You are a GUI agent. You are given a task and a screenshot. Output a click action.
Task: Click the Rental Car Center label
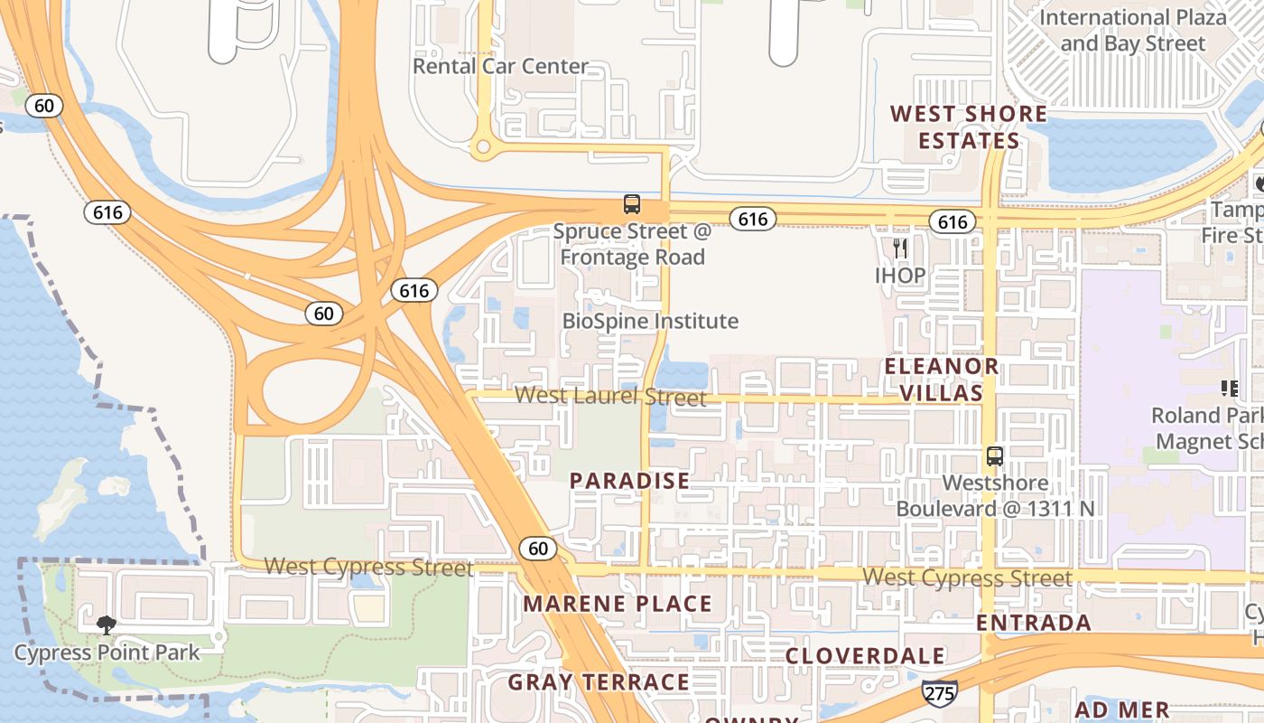coord(500,66)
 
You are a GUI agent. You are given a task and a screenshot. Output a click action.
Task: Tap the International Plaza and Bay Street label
coord(1133,30)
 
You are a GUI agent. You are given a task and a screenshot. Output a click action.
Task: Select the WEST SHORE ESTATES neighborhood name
coord(969,127)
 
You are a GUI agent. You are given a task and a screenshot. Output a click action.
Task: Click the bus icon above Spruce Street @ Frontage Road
coord(632,204)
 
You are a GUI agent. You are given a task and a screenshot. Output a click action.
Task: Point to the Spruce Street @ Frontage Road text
coord(632,244)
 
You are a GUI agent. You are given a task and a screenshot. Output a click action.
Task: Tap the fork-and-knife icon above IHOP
coord(899,248)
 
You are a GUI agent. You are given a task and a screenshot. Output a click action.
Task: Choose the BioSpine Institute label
coord(650,321)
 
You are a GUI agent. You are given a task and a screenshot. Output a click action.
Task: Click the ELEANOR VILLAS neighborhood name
coord(941,380)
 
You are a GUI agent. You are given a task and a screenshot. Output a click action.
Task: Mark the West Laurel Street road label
coord(610,396)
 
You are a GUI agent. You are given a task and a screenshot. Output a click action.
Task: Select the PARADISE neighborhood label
coord(629,481)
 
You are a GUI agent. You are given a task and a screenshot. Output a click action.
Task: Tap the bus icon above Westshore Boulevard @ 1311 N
coord(995,456)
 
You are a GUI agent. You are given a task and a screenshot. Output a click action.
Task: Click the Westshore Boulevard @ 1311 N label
coord(995,495)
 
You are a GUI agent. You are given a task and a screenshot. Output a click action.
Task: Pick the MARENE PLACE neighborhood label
coord(618,604)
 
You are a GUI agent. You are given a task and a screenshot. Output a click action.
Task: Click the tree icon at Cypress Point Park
coord(107,624)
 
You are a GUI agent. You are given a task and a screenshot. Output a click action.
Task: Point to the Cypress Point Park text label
coord(107,652)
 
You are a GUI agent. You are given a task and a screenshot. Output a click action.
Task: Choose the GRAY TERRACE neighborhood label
coord(599,682)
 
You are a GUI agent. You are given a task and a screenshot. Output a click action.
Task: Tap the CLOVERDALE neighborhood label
coord(865,656)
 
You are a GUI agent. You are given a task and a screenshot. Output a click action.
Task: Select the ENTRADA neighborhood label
coord(1034,623)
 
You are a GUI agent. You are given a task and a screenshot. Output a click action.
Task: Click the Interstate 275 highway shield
coord(939,693)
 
